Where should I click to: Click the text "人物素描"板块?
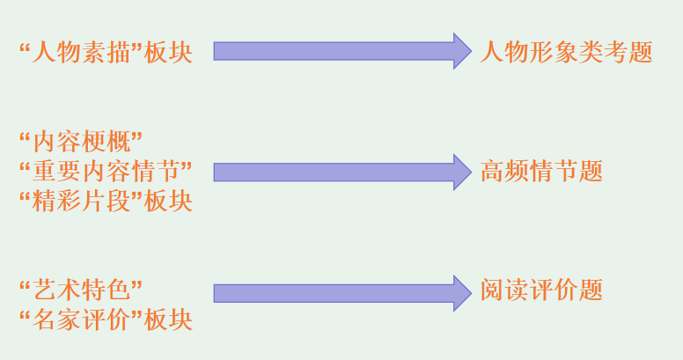105,52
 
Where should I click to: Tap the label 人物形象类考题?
566,52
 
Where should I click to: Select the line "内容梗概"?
81,141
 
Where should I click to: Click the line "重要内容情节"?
105,171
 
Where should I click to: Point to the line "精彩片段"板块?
105,201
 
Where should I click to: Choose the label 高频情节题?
541,171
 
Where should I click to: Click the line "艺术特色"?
81,289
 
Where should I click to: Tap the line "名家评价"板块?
105,319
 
